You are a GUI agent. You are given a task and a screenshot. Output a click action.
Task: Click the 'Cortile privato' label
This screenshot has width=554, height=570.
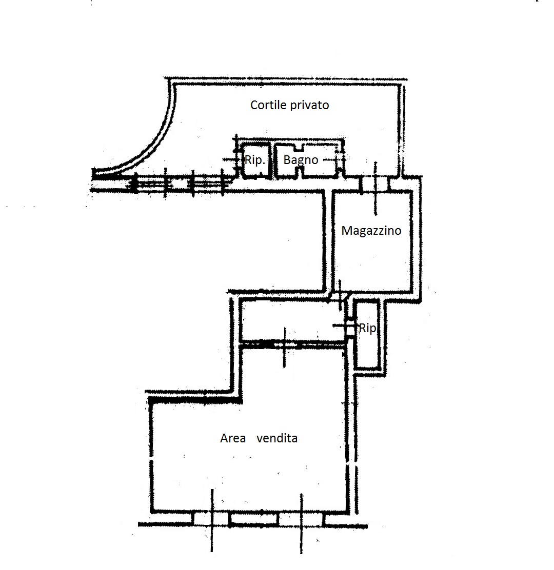[x=289, y=106]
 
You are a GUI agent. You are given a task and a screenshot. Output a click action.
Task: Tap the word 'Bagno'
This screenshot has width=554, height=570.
[x=301, y=160]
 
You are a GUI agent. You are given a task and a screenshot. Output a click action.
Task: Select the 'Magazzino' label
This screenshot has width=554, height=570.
[x=371, y=231]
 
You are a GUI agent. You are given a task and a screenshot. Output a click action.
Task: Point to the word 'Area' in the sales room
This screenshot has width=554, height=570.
[x=233, y=438]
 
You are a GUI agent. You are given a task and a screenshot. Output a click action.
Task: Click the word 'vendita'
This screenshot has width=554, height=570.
[x=277, y=438]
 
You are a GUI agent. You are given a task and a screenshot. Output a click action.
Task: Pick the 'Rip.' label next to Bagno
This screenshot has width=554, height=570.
[x=254, y=160]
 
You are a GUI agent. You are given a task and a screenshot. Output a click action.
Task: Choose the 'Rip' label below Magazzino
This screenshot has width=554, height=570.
[x=367, y=328]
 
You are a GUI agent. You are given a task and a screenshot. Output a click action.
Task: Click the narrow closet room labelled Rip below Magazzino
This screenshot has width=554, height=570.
[x=367, y=334]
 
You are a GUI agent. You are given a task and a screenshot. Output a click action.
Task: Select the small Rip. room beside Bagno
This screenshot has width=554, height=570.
[x=254, y=160]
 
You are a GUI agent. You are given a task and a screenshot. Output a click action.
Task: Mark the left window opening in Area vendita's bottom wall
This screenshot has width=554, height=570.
[x=211, y=519]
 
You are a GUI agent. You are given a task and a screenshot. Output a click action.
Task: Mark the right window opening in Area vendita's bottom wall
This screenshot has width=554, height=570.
[x=301, y=519]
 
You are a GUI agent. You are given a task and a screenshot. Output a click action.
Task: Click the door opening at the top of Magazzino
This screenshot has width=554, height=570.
[x=375, y=183]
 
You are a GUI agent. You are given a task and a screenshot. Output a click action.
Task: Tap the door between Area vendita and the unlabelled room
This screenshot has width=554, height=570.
[x=284, y=344]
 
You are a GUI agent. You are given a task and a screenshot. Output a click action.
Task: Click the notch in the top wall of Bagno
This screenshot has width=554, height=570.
[x=299, y=148]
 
